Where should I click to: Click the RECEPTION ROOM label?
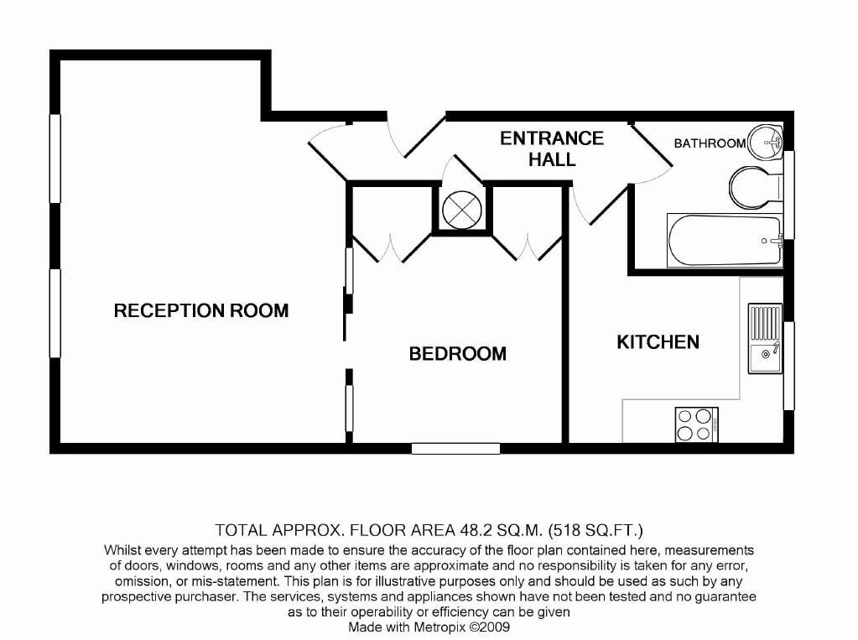[x=201, y=311]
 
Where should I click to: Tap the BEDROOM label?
[x=457, y=354]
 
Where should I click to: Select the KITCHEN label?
[x=658, y=342]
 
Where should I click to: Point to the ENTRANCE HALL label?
[x=552, y=148]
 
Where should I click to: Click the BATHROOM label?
[x=710, y=143]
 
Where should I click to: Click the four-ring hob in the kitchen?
[x=695, y=424]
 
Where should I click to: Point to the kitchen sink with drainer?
[x=765, y=339]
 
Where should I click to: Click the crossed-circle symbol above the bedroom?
[x=460, y=208]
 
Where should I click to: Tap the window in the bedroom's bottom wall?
[x=455, y=449]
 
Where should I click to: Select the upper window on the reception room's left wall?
[x=55, y=158]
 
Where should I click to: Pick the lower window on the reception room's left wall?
[x=55, y=313]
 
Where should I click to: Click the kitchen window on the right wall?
[x=788, y=365]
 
